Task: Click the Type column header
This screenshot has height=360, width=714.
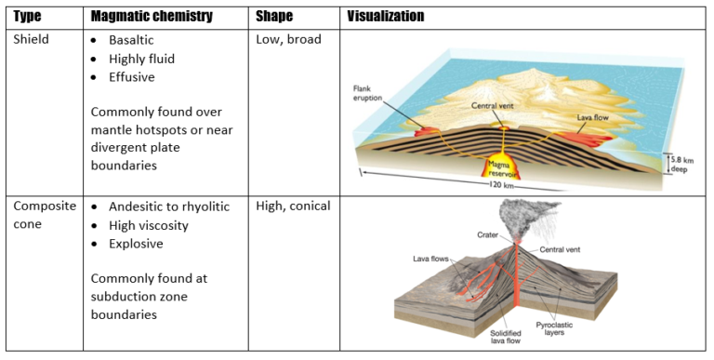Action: [x=27, y=16]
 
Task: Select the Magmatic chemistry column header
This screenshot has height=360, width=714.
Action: [x=152, y=16]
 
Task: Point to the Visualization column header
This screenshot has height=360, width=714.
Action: [x=386, y=16]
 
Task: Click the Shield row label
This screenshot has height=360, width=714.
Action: [x=32, y=40]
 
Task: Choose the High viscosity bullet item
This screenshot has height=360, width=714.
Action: [x=149, y=225]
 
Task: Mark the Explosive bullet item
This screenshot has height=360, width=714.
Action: [x=136, y=244]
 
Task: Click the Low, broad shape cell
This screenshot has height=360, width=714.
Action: [x=289, y=40]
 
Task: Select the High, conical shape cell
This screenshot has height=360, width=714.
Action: [x=293, y=206]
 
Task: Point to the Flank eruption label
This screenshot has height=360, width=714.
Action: [x=365, y=94]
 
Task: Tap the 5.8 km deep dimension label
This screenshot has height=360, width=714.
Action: [x=682, y=165]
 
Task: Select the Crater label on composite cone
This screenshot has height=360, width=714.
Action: [x=488, y=235]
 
